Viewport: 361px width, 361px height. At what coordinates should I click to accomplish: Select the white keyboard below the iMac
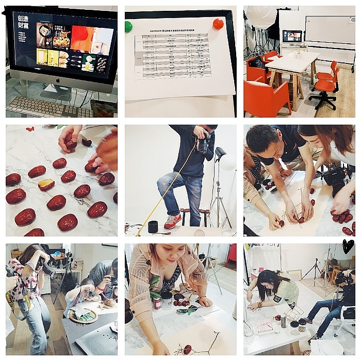[41, 106]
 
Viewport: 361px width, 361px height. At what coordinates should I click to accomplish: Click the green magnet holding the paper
[128, 26]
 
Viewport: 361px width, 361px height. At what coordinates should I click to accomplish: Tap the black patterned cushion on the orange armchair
[256, 63]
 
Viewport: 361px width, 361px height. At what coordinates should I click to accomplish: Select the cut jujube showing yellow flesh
[46, 185]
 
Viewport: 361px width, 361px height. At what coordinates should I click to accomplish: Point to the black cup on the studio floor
[152, 226]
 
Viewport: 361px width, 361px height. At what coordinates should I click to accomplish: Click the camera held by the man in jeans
[203, 143]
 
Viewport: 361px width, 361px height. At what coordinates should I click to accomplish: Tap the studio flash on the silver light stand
[220, 154]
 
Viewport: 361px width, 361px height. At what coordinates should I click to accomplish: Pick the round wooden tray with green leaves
[83, 316]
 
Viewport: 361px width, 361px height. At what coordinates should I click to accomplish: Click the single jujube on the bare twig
[187, 349]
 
